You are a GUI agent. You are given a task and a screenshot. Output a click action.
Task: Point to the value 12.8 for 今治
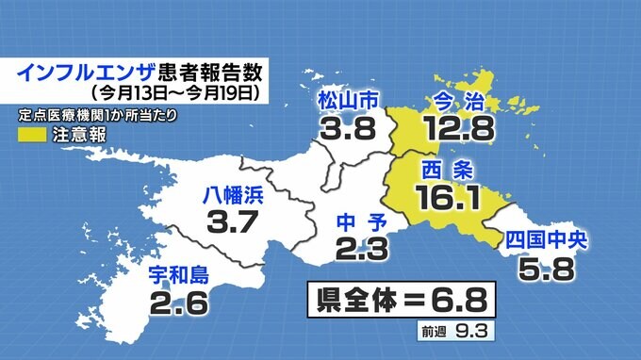point(459,126)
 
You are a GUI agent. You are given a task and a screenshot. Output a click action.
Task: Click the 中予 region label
point(359,224)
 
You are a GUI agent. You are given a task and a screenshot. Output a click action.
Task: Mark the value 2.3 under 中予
point(359,252)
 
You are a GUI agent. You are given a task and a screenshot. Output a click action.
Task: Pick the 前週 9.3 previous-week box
point(456,332)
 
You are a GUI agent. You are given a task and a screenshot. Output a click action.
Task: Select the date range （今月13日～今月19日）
point(173,93)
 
